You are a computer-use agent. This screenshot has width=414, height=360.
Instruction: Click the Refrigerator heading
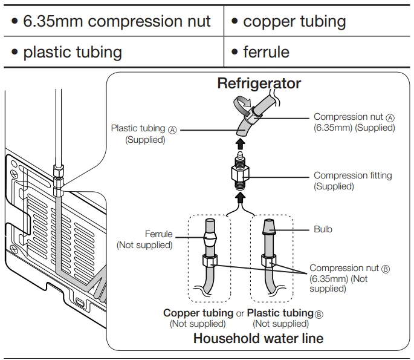[259, 83]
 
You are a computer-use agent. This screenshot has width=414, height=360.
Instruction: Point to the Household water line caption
[258, 338]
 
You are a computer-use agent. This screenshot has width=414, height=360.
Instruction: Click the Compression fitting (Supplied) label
[352, 181]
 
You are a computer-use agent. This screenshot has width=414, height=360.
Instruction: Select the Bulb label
[323, 229]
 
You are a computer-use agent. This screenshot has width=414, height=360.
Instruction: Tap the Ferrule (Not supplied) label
[144, 239]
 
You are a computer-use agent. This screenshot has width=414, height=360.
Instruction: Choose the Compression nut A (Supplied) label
[354, 122]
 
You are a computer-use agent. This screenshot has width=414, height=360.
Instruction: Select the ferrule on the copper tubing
[210, 246]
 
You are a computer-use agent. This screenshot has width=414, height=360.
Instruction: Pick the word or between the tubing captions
[240, 313]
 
